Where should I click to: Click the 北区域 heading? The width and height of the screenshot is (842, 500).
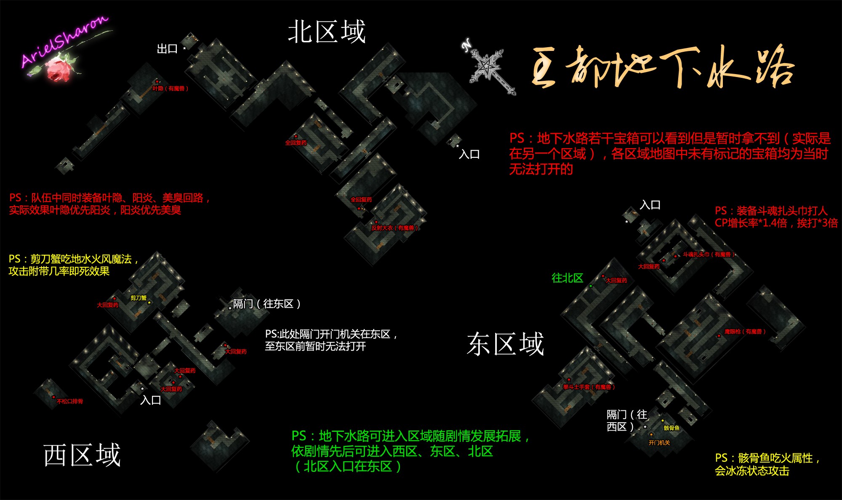(327, 32)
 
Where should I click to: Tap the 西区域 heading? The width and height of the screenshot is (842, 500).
(82, 455)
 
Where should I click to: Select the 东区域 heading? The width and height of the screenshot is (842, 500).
(505, 344)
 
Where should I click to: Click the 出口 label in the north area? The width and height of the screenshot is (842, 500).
(167, 49)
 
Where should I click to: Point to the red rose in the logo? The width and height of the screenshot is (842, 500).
(59, 69)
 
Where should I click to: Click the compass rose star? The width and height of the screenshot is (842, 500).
(488, 67)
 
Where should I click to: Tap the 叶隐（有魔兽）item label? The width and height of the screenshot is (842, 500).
(170, 88)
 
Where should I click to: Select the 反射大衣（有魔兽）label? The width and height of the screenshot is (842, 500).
(394, 228)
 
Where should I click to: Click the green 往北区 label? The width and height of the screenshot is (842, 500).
(567, 278)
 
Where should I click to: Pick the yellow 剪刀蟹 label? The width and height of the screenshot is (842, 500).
(139, 298)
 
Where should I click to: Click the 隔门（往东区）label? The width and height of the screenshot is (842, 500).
(267, 304)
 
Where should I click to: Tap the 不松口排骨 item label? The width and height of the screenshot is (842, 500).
(70, 402)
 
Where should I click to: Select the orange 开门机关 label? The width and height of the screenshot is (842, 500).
(659, 443)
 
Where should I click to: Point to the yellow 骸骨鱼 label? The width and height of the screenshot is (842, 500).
(671, 428)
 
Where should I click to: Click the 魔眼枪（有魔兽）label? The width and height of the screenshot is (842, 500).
(745, 332)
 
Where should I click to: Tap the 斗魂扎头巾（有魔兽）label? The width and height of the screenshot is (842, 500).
(709, 255)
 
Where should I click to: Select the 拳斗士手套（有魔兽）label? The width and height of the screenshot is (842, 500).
(589, 387)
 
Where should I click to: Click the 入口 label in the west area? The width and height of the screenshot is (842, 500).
(151, 400)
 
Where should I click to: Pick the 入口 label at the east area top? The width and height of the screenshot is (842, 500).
(650, 205)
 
